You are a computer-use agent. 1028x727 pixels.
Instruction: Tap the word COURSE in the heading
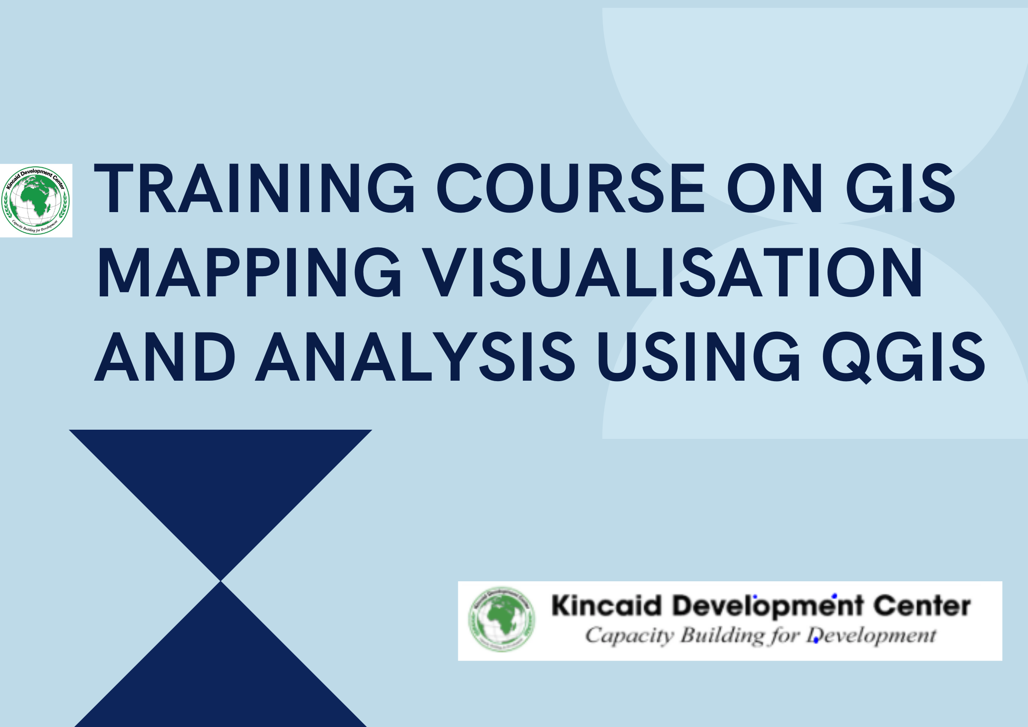pos(571,188)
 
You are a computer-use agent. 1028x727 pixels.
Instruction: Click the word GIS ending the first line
pos(900,188)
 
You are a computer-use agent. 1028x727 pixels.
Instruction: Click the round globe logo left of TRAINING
pos(36,200)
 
